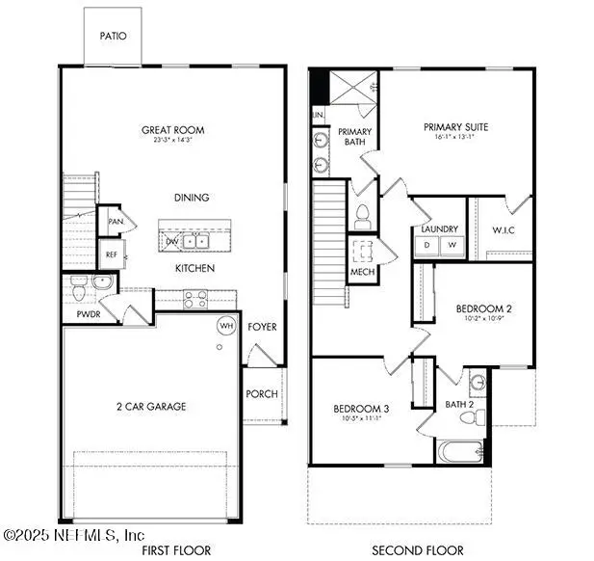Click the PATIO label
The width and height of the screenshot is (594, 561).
pyautogui.click(x=114, y=36)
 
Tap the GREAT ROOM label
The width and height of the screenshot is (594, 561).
pyautogui.click(x=173, y=130)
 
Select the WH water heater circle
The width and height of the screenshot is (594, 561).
pyautogui.click(x=226, y=326)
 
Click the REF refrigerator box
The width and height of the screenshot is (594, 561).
pyautogui.click(x=111, y=254)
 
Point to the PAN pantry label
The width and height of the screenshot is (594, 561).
pyautogui.click(x=116, y=221)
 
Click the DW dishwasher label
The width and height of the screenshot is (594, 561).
pyautogui.click(x=171, y=241)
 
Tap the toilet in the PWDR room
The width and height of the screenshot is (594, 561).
pyautogui.click(x=79, y=284)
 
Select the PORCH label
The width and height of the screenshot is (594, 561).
pyautogui.click(x=262, y=393)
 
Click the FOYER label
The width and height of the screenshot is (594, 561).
pyautogui.click(x=262, y=327)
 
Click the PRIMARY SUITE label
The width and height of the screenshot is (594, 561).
pyautogui.click(x=456, y=126)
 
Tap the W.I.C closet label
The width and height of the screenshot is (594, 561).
pyautogui.click(x=501, y=229)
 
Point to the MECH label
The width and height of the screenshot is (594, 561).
pyautogui.click(x=362, y=272)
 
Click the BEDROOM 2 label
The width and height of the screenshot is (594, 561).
pyautogui.click(x=483, y=308)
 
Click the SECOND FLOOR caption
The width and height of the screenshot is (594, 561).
pyautogui.click(x=419, y=550)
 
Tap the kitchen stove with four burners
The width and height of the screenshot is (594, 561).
pyautogui.click(x=196, y=297)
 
